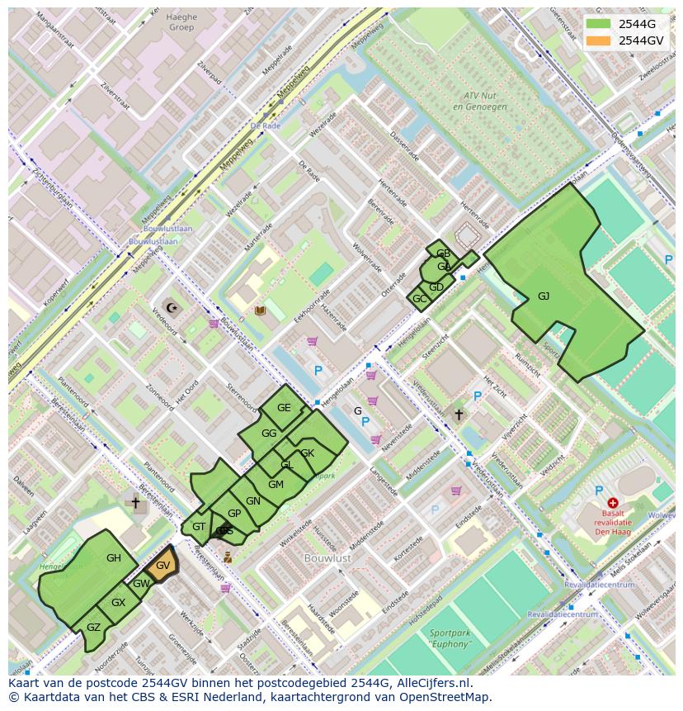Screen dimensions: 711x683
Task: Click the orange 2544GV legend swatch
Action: (x=600, y=40)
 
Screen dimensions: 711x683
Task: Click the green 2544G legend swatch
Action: (x=600, y=24)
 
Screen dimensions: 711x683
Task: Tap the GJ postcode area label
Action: (x=544, y=296)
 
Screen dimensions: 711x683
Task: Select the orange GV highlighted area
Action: (x=163, y=566)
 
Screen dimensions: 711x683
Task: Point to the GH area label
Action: (x=114, y=558)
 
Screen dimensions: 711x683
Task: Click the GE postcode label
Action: (x=284, y=408)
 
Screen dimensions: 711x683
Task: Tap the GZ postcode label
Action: (x=93, y=628)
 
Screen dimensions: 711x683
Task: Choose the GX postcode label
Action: (x=118, y=603)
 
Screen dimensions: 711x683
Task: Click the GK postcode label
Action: (x=307, y=453)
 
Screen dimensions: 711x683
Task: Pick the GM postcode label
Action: (x=276, y=484)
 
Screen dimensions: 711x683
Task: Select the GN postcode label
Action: (x=253, y=501)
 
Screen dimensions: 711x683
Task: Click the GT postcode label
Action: (x=199, y=527)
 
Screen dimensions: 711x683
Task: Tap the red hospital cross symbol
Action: (x=613, y=503)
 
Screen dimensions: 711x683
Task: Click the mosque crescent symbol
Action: (x=172, y=308)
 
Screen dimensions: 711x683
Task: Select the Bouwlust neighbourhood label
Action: (x=328, y=558)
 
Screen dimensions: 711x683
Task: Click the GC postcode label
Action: (x=419, y=299)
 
